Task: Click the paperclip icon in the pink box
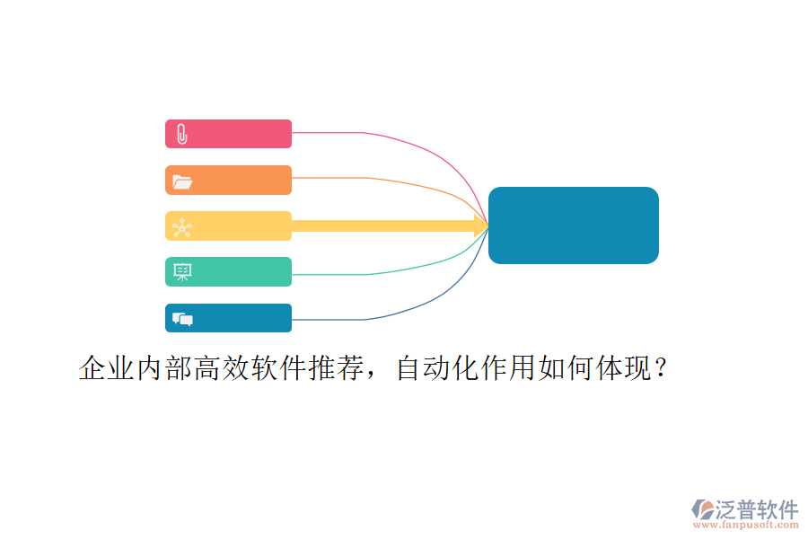click(x=182, y=134)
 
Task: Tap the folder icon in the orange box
click(x=182, y=181)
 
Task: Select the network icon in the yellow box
click(x=182, y=227)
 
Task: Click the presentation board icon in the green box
click(x=182, y=272)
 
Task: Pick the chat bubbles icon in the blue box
click(x=182, y=319)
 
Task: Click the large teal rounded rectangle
click(x=573, y=225)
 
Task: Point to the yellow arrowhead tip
click(x=488, y=225)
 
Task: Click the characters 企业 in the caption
click(x=107, y=368)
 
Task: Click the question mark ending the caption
click(x=661, y=368)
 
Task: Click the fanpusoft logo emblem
click(x=703, y=509)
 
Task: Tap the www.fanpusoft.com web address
click(x=746, y=525)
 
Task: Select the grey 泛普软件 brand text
click(x=757, y=509)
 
